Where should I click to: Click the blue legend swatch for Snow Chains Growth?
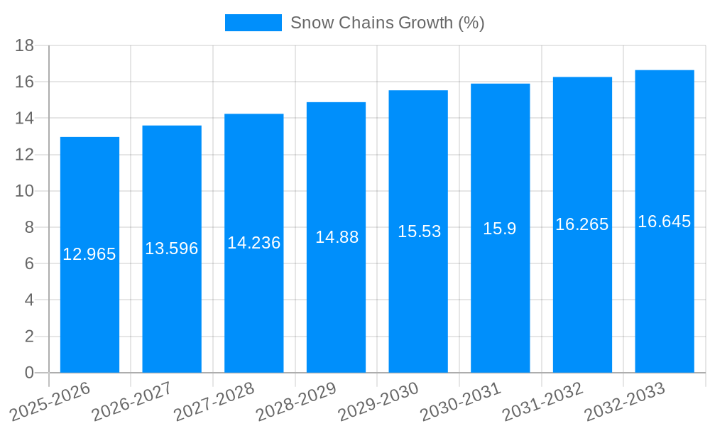(253, 23)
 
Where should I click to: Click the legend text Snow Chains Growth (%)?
(388, 23)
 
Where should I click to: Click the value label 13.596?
(172, 248)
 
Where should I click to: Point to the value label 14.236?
(253, 243)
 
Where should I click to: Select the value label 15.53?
(419, 231)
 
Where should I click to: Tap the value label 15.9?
(500, 229)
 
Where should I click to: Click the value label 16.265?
(582, 224)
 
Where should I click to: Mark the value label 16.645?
(664, 222)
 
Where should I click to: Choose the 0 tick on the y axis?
(29, 373)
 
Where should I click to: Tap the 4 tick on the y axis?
(29, 300)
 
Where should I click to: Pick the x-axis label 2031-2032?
(544, 401)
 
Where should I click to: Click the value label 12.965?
(89, 254)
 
